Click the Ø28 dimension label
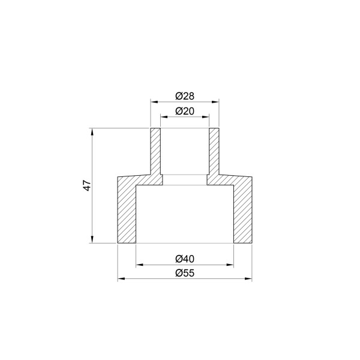point(185,95)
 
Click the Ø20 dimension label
point(185,111)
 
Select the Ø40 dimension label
point(185,259)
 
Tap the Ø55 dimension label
point(185,273)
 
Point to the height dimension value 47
point(86,185)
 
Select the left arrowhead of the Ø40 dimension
point(140,264)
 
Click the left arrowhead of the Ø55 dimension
point(120,279)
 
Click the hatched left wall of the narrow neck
point(155,153)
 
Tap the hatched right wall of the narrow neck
point(214,153)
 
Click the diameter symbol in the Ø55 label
point(179,273)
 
